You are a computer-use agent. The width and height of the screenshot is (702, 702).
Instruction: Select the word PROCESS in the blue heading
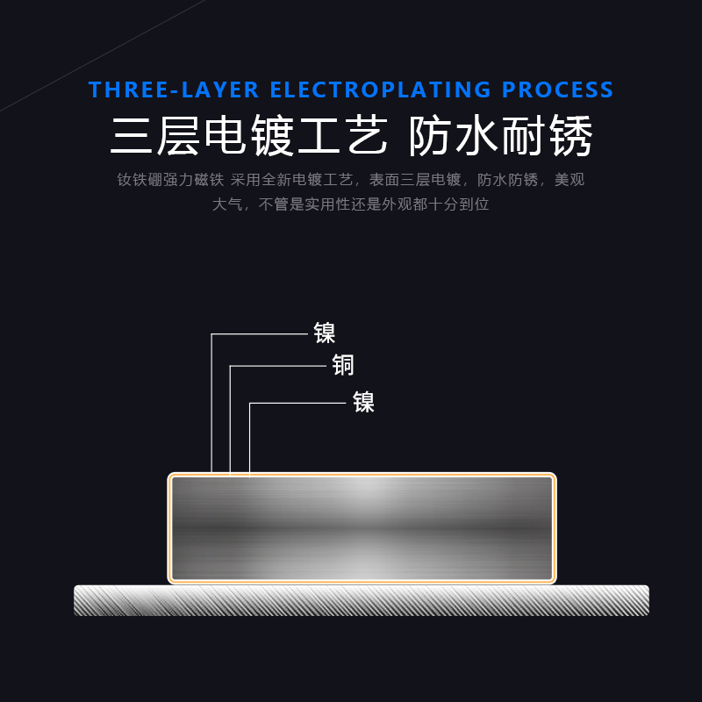[x=557, y=90]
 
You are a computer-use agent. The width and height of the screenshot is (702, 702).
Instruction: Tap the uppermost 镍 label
[x=325, y=333]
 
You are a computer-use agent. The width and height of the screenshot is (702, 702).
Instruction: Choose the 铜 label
[x=343, y=365]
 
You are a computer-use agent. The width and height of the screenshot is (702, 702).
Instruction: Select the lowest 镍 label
[x=363, y=402]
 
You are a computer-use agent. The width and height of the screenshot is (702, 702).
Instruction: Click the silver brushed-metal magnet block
[x=362, y=528]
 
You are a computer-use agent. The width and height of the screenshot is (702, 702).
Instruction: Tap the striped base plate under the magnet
[x=362, y=600]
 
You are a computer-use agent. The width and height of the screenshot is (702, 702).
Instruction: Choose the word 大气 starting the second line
[x=226, y=204]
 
